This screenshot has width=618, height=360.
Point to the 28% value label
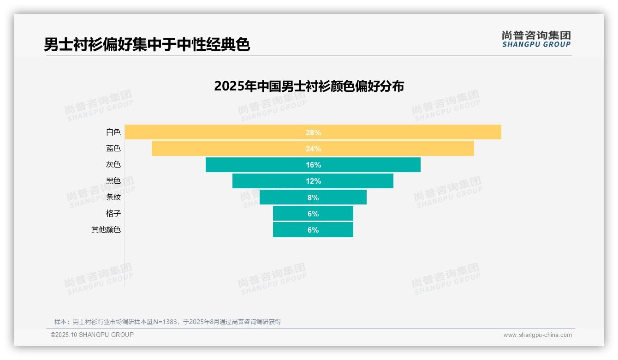(313, 132)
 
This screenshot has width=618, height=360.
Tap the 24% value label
(313, 149)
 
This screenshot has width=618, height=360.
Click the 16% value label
(313, 165)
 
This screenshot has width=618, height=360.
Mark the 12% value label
(313, 181)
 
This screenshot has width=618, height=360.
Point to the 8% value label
(313, 198)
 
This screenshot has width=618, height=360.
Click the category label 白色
(113, 132)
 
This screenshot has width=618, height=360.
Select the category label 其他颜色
(106, 230)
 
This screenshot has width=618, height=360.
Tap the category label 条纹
(113, 197)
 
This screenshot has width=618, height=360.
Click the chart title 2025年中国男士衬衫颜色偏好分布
(309, 86)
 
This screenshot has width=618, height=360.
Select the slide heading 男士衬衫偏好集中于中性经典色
(147, 45)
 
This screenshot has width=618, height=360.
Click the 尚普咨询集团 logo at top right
(536, 39)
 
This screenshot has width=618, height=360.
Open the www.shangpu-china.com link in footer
(537, 335)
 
